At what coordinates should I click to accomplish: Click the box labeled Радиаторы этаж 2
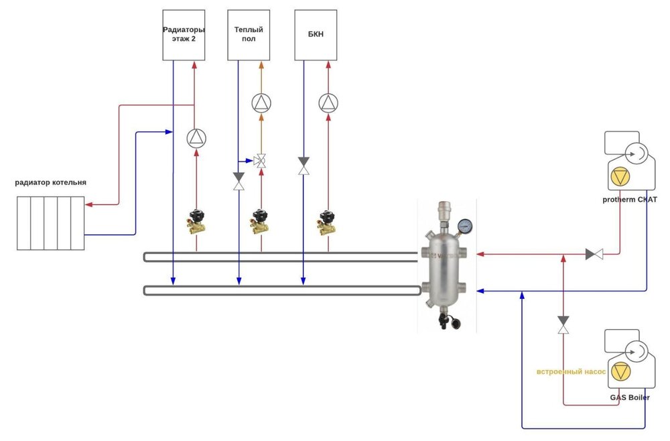(184, 35)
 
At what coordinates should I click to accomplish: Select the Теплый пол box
(249, 35)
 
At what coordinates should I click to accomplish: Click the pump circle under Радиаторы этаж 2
(196, 138)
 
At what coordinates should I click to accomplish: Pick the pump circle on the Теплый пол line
(261, 103)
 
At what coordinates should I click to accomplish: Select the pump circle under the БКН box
(328, 103)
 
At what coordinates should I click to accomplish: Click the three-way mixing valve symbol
(261, 162)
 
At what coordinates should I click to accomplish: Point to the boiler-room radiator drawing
(50, 223)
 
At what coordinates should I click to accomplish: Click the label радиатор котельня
(52, 182)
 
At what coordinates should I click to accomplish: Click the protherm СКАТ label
(630, 199)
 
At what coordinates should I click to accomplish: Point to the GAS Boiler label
(629, 397)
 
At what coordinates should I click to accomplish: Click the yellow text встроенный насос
(571, 371)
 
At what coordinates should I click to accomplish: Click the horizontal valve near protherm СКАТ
(594, 254)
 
